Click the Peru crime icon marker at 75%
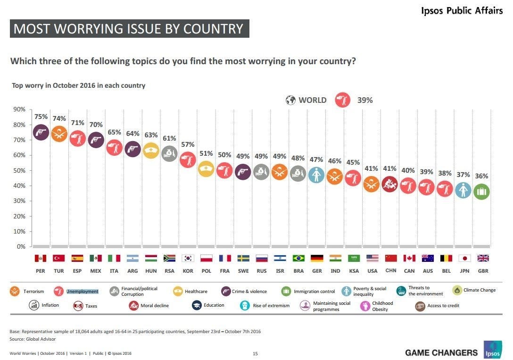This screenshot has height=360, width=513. [x=41, y=132]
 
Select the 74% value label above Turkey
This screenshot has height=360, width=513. [x=59, y=118]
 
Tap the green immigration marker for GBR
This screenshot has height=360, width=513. [x=481, y=192]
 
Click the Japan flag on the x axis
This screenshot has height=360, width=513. [x=464, y=258]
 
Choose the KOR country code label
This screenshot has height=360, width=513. [x=188, y=271]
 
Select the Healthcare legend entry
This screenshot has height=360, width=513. [x=190, y=292]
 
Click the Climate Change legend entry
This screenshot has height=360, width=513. [x=474, y=290]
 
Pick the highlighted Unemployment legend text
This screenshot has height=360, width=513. [x=83, y=292]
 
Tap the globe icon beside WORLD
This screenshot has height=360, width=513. [x=290, y=100]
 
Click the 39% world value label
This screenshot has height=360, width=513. [x=365, y=100]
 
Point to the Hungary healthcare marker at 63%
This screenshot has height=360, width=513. [x=151, y=151]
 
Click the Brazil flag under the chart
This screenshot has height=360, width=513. [x=298, y=258]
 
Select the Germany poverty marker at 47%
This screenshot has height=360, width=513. [x=316, y=175]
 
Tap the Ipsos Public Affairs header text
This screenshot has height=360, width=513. [x=462, y=10]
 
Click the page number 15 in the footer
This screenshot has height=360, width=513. [x=255, y=353]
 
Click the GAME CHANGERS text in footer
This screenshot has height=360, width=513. [x=441, y=353]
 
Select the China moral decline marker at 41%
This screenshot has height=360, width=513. [x=390, y=184]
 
